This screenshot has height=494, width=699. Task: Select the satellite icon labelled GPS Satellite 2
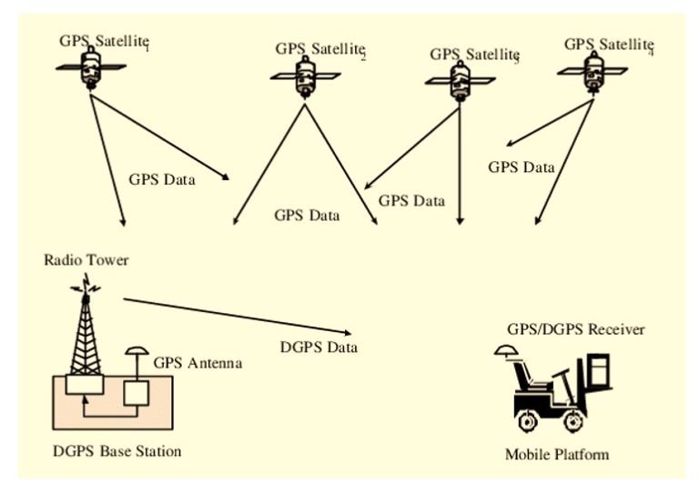coord(306,76)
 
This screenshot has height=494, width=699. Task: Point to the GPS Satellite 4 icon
coord(593,70)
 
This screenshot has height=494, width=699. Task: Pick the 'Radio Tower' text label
coord(86,260)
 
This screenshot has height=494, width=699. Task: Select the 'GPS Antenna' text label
coord(197,363)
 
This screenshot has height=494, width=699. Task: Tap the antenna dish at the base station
coord(137,350)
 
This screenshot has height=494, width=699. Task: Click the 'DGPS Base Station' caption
coord(116,450)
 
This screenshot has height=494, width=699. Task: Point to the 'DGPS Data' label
coord(318,348)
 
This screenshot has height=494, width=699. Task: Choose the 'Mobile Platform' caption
coord(556,454)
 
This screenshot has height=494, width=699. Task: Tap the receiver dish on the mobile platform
coord(506,350)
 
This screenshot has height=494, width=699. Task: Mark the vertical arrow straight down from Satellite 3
coord(461,164)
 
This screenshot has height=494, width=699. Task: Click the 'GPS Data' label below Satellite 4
coord(521,167)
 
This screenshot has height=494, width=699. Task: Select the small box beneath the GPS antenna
coord(136,392)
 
